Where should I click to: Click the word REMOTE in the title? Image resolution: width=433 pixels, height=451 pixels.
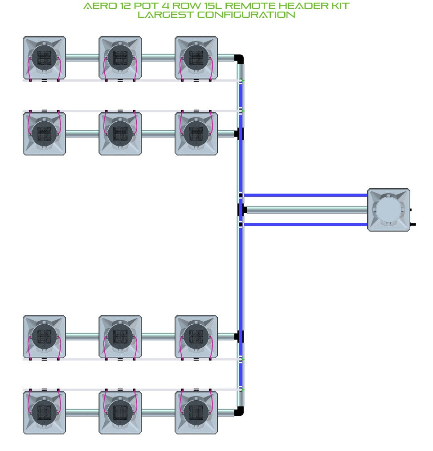[x=249, y=6]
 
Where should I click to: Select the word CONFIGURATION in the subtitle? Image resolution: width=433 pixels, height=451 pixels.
[x=246, y=15]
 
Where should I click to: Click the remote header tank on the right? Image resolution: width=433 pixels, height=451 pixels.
[x=388, y=210]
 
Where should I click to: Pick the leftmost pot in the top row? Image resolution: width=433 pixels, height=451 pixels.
[x=44, y=58]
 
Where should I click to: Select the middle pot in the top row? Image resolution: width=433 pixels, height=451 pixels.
[x=120, y=58]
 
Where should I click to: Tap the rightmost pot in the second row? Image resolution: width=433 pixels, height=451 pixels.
[x=196, y=134]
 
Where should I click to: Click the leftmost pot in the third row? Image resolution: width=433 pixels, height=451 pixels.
[x=44, y=336]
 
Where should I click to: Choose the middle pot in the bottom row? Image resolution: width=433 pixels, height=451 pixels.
[x=120, y=413]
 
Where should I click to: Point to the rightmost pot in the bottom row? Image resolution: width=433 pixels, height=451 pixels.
[x=196, y=413]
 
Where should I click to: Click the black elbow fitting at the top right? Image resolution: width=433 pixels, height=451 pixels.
[x=239, y=59]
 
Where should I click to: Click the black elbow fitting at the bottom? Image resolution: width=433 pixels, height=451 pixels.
[x=239, y=411]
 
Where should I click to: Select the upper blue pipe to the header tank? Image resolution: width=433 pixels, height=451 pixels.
[x=306, y=195]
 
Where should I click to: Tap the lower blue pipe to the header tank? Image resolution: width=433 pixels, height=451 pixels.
[x=306, y=224]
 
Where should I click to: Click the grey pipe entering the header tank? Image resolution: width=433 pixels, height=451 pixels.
[x=307, y=210]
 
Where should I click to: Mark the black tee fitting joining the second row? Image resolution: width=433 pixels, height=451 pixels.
[x=239, y=134]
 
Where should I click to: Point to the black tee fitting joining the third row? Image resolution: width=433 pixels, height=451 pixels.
[x=239, y=336]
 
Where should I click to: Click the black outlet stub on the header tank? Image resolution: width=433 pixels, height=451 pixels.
[x=413, y=224]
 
